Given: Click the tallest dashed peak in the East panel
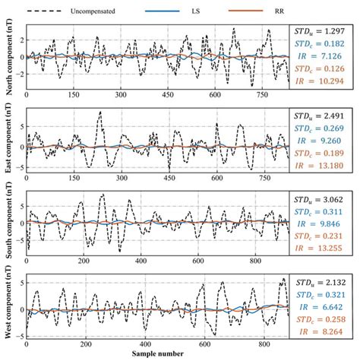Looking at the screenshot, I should [x=100, y=112].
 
